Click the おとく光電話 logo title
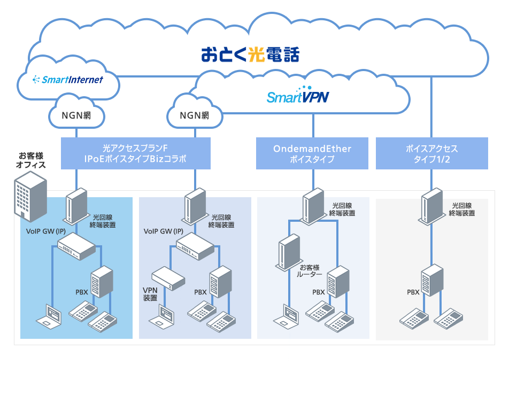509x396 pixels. coord(250,55)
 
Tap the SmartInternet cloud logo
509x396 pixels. coord(67,80)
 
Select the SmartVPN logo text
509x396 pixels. coord(298,97)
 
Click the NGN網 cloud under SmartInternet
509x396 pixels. coord(76,114)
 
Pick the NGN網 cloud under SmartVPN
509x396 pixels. coord(194,114)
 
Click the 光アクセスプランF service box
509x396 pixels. coord(135,153)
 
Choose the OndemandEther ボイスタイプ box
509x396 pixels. coord(312,153)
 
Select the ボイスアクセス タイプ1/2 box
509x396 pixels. coord(431,153)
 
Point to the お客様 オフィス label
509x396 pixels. coord(30,160)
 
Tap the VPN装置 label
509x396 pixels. coord(150,294)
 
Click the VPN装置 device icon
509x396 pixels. coord(168,278)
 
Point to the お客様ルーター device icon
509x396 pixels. coord(288,255)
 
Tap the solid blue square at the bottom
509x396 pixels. coord(314,377)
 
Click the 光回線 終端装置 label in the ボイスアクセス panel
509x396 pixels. coord(461,209)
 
